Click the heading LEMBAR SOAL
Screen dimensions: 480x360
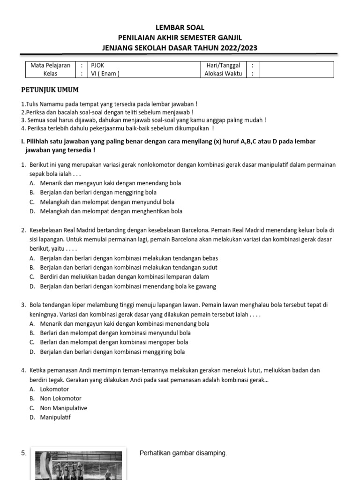click(x=180, y=28)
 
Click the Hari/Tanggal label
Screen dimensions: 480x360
click(x=223, y=66)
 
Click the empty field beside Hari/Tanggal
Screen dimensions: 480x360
click(x=296, y=66)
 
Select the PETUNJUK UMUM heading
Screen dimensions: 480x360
click(x=50, y=90)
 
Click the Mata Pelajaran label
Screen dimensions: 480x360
click(x=50, y=66)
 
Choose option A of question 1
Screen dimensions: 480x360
click(x=110, y=183)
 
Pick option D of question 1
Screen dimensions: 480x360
click(x=111, y=211)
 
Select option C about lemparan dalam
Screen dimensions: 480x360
click(x=124, y=277)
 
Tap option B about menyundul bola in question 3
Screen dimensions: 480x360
click(x=115, y=333)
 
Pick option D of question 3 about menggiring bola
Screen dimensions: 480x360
click(x=112, y=352)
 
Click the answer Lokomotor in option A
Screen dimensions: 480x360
click(x=54, y=390)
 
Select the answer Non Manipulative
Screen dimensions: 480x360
click(x=63, y=408)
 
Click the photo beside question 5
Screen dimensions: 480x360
click(x=76, y=465)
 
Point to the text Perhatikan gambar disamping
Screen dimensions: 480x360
click(x=183, y=453)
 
